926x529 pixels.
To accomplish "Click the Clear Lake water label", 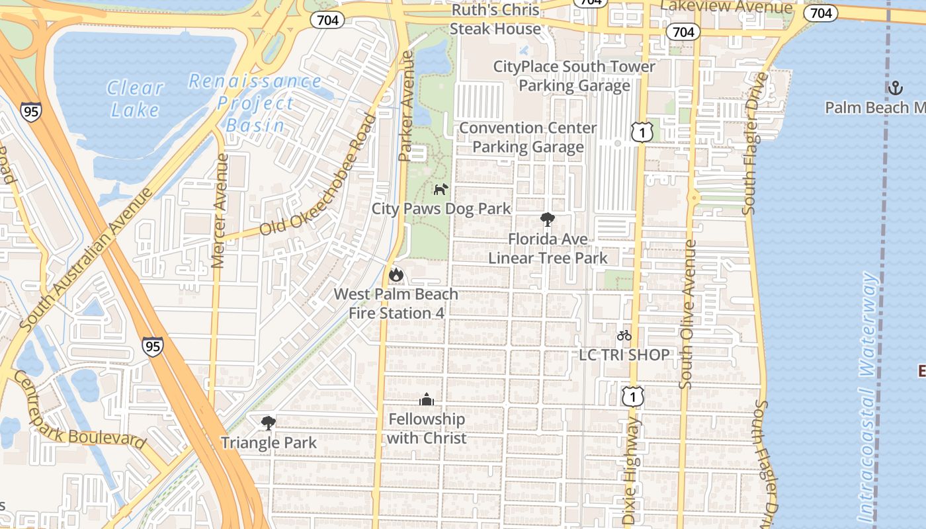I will pyautogui.click(x=136, y=98).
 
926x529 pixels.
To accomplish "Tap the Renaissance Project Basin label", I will pyautogui.click(x=255, y=102).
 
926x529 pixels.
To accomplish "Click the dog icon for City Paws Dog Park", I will pyautogui.click(x=441, y=190).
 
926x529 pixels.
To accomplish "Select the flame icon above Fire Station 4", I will pyautogui.click(x=396, y=274).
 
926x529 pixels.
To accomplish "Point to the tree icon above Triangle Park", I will pyautogui.click(x=268, y=423).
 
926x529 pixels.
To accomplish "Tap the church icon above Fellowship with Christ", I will pyautogui.click(x=427, y=399).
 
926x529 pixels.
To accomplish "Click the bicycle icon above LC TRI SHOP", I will pyautogui.click(x=624, y=335).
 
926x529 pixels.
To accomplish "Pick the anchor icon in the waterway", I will pyautogui.click(x=894, y=87).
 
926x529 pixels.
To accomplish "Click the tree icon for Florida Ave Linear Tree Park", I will pyautogui.click(x=547, y=220).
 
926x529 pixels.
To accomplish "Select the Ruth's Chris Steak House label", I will pyautogui.click(x=495, y=20).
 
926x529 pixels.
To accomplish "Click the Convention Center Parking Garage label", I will pyautogui.click(x=528, y=137).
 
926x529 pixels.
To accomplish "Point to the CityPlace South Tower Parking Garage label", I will pyautogui.click(x=574, y=76).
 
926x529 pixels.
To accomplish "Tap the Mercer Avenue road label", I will pyautogui.click(x=221, y=210).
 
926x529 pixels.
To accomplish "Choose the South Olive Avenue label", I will pyautogui.click(x=688, y=314).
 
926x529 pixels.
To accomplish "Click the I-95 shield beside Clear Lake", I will pyautogui.click(x=30, y=111).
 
